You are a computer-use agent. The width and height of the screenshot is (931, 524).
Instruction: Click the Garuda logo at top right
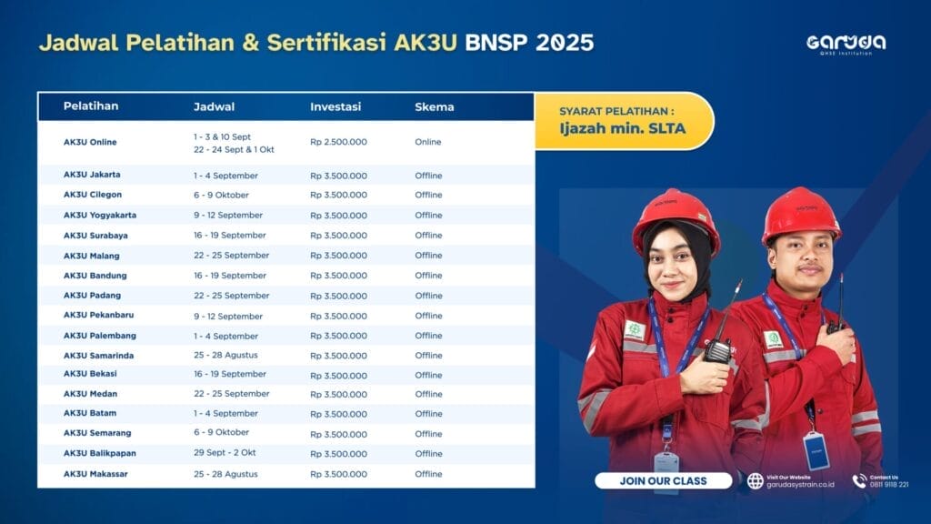click(x=846, y=44)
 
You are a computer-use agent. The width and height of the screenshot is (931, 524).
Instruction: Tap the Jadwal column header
click(x=214, y=107)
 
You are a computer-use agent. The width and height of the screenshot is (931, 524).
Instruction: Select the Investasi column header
click(x=335, y=107)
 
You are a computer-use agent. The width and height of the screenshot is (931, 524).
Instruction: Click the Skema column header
click(x=434, y=107)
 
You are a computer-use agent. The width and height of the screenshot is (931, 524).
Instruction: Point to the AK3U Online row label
click(x=90, y=142)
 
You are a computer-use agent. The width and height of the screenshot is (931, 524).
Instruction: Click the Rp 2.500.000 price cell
click(x=338, y=142)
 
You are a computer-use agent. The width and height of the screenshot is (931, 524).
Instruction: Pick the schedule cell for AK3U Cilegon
click(x=221, y=195)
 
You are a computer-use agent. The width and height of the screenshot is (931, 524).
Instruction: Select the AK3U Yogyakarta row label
click(x=100, y=215)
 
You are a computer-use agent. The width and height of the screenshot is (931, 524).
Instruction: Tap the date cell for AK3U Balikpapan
click(x=225, y=453)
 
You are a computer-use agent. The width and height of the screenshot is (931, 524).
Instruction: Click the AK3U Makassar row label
click(x=95, y=474)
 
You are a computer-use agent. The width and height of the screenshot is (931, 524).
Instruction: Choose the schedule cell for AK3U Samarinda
click(x=225, y=356)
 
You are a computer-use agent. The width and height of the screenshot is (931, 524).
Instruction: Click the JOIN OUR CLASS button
click(x=663, y=480)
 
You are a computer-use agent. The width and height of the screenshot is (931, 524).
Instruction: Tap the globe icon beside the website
click(x=756, y=480)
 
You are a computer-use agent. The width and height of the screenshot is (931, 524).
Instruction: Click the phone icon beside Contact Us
click(x=859, y=480)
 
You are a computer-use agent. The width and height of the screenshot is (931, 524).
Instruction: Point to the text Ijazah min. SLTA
click(x=622, y=128)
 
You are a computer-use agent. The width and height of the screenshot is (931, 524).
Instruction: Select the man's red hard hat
click(x=801, y=214)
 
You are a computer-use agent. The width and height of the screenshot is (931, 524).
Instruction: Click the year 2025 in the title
click(x=564, y=43)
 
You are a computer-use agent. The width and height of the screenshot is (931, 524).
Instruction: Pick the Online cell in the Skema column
click(x=428, y=142)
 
